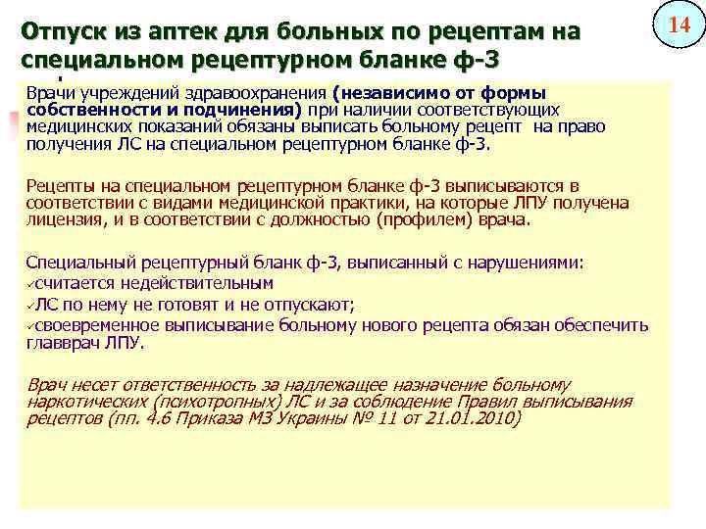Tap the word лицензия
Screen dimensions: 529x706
[x=65, y=219]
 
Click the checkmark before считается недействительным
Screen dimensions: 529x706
[x=31, y=283]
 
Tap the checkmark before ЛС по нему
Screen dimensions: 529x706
[x=31, y=304]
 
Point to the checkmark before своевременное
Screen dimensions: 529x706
[x=31, y=324]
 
